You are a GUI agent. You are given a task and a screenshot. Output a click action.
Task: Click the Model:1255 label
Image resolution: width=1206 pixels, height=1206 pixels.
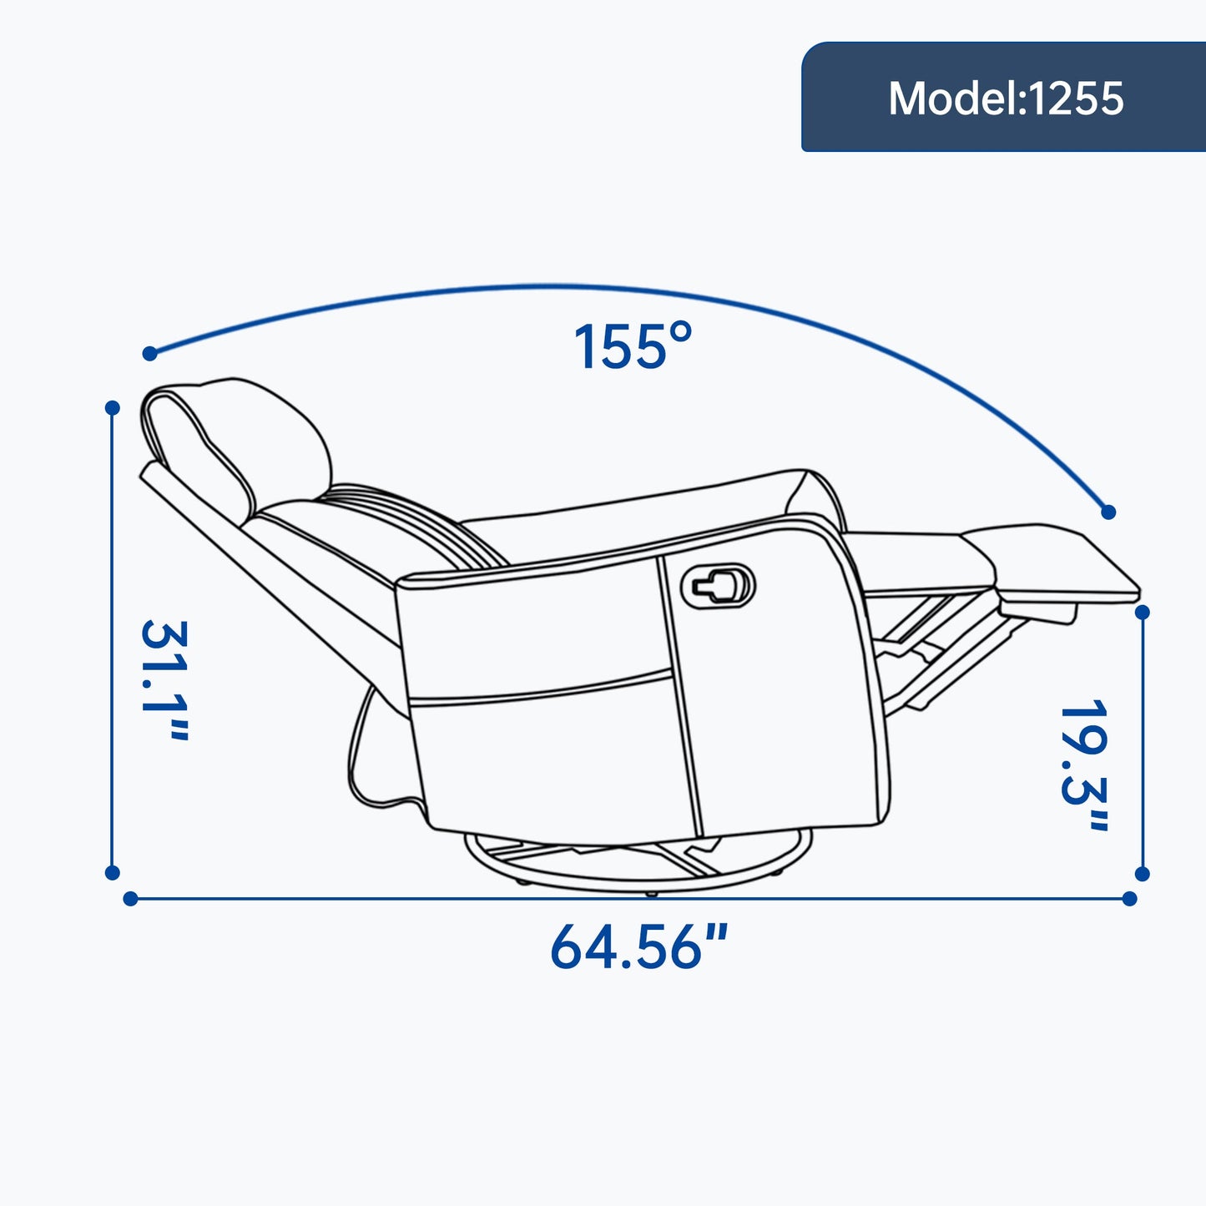click(1006, 98)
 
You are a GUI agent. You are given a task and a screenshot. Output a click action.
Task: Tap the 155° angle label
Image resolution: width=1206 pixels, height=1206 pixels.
click(633, 346)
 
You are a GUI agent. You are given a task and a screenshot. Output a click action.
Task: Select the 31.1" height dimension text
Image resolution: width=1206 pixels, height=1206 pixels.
click(164, 680)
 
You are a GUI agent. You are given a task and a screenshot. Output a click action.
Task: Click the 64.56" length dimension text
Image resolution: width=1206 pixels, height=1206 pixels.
click(639, 946)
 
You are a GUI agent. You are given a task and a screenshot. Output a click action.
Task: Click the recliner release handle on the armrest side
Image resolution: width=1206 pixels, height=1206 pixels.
click(718, 586)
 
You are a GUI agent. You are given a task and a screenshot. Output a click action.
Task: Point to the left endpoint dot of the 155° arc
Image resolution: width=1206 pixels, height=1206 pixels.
click(149, 354)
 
